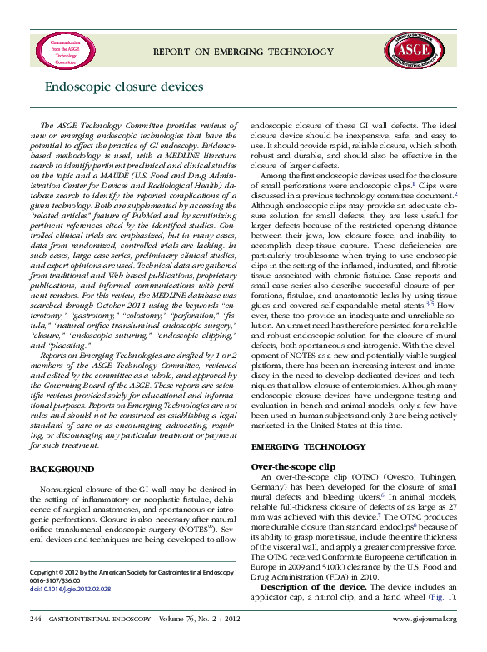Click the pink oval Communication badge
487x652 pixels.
65,52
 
